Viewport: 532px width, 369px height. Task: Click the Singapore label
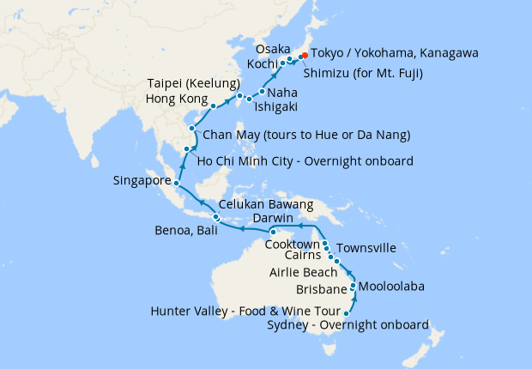point(141,181)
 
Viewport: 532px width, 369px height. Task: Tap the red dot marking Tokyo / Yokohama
point(304,57)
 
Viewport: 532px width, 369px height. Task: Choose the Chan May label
point(305,135)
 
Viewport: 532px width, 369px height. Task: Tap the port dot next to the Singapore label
point(176,183)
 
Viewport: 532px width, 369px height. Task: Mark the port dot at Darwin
point(272,232)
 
